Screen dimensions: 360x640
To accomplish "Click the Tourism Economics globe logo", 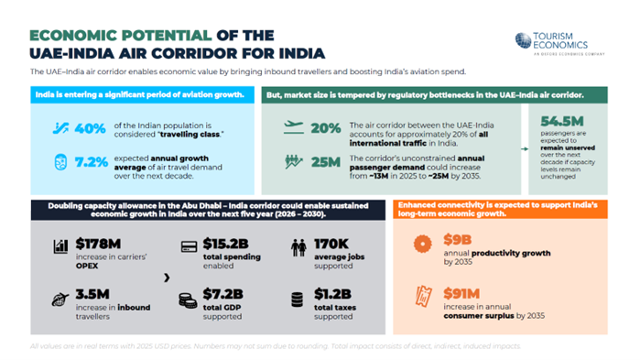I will pyautogui.click(x=523, y=39).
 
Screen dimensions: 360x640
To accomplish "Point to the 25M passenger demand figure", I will pyautogui.click(x=326, y=163).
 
